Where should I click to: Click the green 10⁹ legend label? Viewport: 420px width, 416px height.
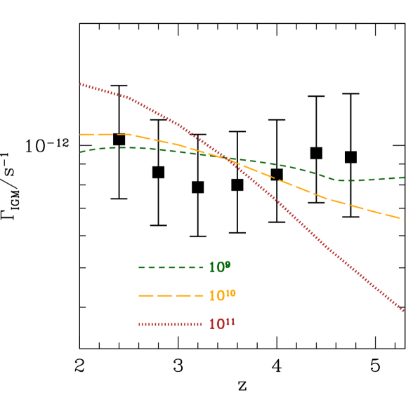(x=219, y=267)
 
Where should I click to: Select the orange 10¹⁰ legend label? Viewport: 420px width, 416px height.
(x=222, y=296)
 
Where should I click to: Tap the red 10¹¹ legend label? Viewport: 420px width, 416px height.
(x=222, y=324)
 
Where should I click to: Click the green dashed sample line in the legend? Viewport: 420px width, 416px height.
(x=171, y=267)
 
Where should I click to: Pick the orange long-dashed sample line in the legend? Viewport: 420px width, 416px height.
(x=171, y=296)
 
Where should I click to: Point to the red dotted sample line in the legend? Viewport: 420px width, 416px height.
(x=171, y=324)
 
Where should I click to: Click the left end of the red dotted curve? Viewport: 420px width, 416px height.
(x=81, y=84)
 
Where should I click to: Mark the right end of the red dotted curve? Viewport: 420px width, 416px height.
(x=404, y=311)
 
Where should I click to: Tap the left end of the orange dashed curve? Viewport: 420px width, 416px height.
(x=81, y=134)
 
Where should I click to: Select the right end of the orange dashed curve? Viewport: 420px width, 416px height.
(x=404, y=220)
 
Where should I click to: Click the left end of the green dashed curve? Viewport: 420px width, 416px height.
(x=81, y=152)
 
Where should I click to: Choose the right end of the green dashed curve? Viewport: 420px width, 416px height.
(x=404, y=177)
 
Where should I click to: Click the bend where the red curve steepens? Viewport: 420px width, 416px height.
(x=129, y=98)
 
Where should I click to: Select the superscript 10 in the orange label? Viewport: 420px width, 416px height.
(x=231, y=293)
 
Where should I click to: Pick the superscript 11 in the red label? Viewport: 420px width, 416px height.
(x=231, y=321)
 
